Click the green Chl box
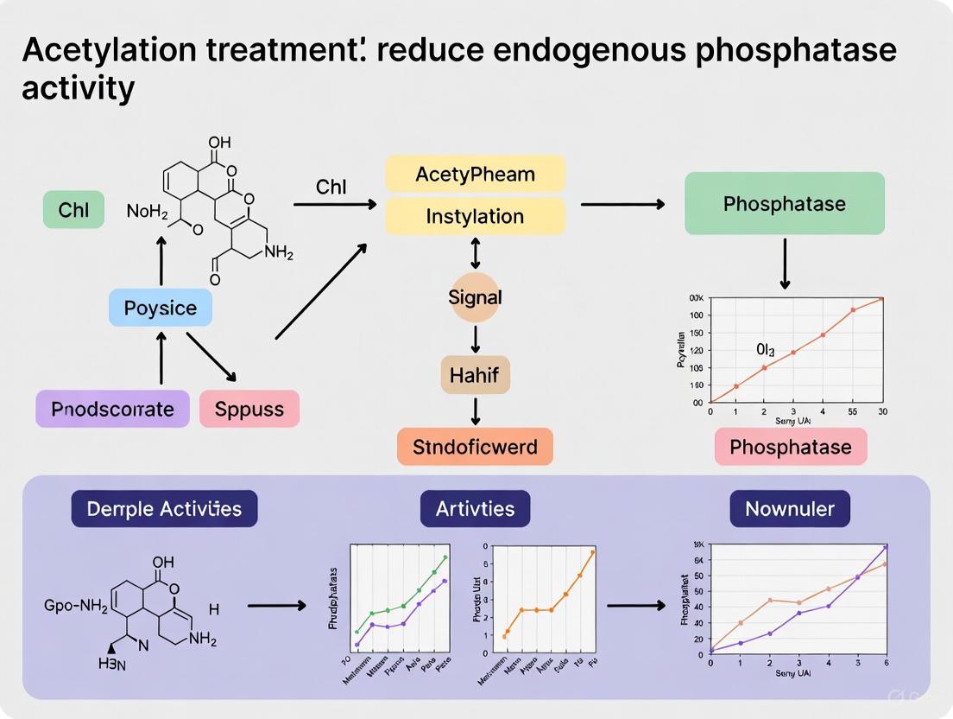coord(73,210)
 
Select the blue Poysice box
coord(161,308)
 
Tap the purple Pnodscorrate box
coord(112,409)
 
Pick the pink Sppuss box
coord(249,409)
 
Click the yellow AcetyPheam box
coord(475,174)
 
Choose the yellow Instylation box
coord(475,216)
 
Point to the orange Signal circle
coord(475,297)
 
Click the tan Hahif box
coord(475,375)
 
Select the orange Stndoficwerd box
coord(475,447)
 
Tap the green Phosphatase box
coord(784,204)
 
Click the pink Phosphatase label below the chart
coord(790,447)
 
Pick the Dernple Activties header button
coord(164,509)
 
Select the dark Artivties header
coord(475,509)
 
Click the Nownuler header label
coord(790,509)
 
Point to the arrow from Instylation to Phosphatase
coord(622,205)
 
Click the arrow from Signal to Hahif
coord(475,338)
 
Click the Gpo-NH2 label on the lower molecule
coord(75,607)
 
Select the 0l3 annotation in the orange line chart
coord(765,350)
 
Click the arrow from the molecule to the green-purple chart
coord(276,606)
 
